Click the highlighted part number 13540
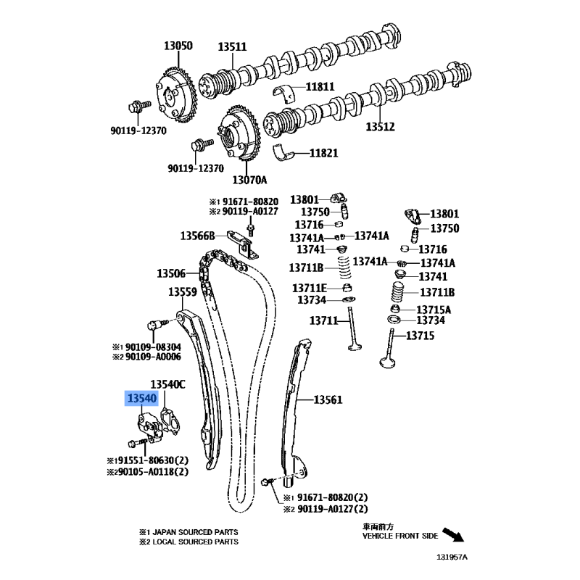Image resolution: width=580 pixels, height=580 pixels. click(x=142, y=398)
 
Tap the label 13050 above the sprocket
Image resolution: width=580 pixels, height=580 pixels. click(x=178, y=46)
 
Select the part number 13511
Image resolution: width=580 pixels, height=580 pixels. click(x=232, y=47)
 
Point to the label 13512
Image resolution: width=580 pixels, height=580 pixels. click(x=380, y=126)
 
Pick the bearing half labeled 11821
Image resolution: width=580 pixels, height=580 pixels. click(x=283, y=153)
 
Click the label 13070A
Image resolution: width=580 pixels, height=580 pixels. click(x=249, y=180)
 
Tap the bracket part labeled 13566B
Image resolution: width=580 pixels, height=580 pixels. click(x=243, y=244)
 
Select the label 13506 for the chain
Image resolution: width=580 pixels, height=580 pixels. click(x=171, y=273)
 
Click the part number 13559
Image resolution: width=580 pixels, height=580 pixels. click(x=183, y=292)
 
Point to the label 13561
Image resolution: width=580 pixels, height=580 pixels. click(x=328, y=399)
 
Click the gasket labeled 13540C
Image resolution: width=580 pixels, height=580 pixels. click(x=170, y=421)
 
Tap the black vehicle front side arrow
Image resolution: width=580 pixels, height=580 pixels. click(x=453, y=534)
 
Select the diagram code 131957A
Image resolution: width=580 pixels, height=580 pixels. click(x=452, y=557)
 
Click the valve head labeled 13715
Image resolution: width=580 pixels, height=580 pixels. click(x=387, y=362)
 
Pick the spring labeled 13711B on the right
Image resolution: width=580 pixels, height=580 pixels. click(x=397, y=292)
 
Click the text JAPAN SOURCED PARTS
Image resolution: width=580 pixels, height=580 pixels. click(x=195, y=532)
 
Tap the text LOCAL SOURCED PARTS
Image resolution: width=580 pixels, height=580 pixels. click(x=196, y=542)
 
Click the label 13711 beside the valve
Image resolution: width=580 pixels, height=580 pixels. click(x=323, y=320)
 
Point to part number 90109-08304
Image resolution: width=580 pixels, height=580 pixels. click(x=153, y=347)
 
